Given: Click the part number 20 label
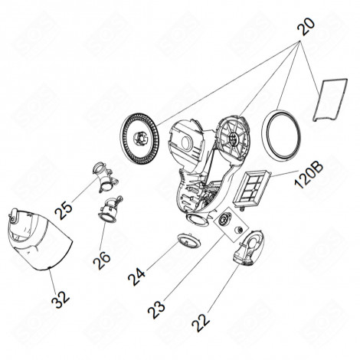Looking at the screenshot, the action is point(306,27).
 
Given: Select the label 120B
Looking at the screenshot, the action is point(309,175).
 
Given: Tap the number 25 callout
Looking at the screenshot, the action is point(64,211).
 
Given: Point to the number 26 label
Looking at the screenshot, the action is point(102,260).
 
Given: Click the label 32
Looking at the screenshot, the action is point(61,299).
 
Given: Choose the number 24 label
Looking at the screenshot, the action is point(136,277).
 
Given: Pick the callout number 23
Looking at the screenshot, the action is point(156,309).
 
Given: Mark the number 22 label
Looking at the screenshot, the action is point(201,322).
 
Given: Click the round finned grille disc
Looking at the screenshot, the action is point(139,139).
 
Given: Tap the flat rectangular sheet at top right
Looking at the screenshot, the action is point(330,100).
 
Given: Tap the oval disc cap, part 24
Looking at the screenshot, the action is point(189,241).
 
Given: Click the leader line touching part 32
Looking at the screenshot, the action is point(53,280).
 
